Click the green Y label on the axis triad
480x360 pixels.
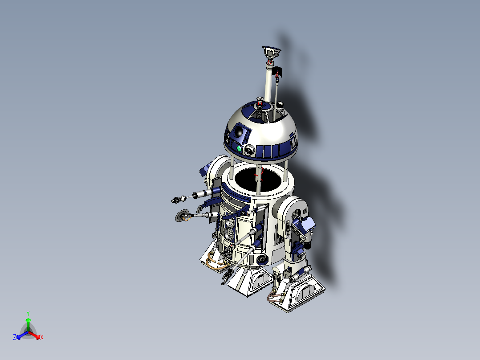click(28, 313)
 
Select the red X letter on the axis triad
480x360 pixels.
click(42, 338)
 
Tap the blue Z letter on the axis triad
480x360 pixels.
click(15, 338)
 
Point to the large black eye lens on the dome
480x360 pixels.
click(239, 131)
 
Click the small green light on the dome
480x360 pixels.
click(239, 149)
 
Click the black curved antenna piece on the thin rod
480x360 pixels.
click(279, 71)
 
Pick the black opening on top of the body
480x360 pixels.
click(257, 177)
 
